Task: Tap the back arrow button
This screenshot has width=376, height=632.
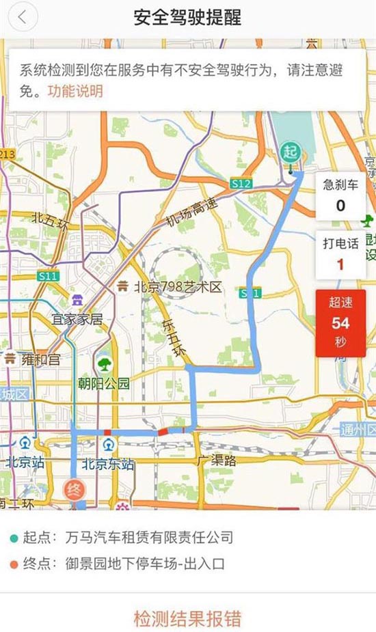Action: [23, 18]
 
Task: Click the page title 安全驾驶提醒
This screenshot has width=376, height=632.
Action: [188, 18]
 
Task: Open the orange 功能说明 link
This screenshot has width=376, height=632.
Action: [75, 91]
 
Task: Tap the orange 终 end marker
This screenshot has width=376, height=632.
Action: [73, 490]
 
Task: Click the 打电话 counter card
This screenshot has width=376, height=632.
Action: [340, 254]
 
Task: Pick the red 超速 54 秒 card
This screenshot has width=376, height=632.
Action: [340, 322]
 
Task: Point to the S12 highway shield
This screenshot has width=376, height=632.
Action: [241, 183]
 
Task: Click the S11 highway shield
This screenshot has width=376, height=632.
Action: [48, 276]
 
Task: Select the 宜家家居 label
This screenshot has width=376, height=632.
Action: [77, 319]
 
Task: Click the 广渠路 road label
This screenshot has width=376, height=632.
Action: [215, 461]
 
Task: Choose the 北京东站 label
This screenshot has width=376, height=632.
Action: [108, 464]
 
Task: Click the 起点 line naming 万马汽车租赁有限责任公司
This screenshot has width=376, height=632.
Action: [123, 538]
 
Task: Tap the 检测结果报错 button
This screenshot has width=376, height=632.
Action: [188, 618]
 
